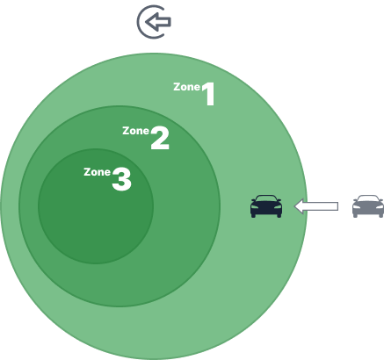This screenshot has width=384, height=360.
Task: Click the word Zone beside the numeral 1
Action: coord(187,87)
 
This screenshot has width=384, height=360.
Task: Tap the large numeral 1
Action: coord(209,94)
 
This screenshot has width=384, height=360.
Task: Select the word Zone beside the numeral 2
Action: coord(136,131)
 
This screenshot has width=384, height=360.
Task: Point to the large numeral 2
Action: coord(160,138)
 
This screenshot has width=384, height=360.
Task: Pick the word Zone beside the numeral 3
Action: coord(98,172)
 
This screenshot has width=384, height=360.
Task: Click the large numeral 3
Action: coord(121,179)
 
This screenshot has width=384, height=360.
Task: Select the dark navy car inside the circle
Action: coord(266,206)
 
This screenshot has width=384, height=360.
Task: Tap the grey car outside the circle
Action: coord(368,206)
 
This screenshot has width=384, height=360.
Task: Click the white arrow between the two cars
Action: coord(316,206)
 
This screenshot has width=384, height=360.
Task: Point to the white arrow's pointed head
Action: coord(294,206)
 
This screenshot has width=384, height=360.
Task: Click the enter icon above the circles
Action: coord(154,22)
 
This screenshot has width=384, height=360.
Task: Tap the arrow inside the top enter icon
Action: coord(158,22)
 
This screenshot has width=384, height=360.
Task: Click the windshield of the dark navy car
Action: coord(266,198)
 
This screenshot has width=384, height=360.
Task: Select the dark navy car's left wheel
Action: coord(253,215)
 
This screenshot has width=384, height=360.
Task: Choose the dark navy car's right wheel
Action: coord(279,215)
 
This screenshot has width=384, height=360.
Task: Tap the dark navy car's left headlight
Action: coord(255,207)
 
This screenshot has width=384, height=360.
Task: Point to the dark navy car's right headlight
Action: coord(278,207)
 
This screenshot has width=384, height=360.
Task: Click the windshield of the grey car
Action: coord(368,198)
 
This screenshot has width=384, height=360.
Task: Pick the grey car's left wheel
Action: coord(355,215)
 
